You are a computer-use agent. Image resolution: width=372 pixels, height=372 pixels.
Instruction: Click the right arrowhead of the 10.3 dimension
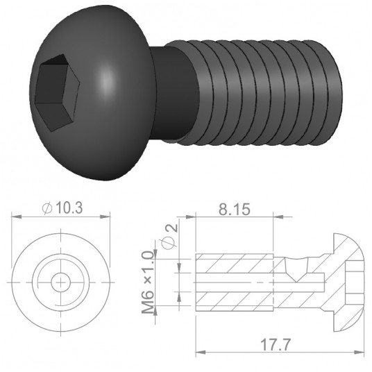[x=107, y=217]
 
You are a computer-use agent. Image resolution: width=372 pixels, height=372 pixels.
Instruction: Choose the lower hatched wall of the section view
[x=236, y=299]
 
